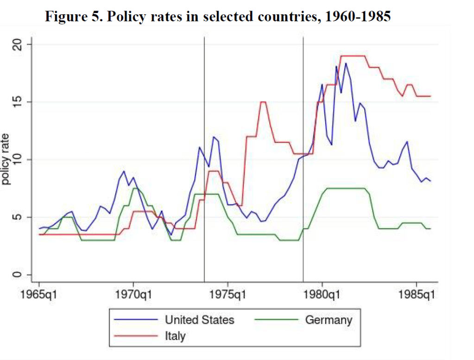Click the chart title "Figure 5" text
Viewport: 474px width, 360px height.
coord(218,17)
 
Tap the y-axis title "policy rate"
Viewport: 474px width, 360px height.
coord(6,159)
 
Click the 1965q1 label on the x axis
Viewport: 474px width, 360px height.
coord(39,294)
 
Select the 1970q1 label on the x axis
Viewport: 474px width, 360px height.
coord(134,294)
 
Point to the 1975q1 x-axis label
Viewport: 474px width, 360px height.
coord(228,294)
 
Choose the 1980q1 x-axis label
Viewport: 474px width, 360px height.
coord(322,294)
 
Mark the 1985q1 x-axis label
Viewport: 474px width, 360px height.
coord(417,294)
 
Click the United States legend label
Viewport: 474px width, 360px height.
coord(200,320)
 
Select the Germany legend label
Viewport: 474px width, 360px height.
coord(329,320)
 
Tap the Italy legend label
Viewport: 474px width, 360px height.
coord(175,336)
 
